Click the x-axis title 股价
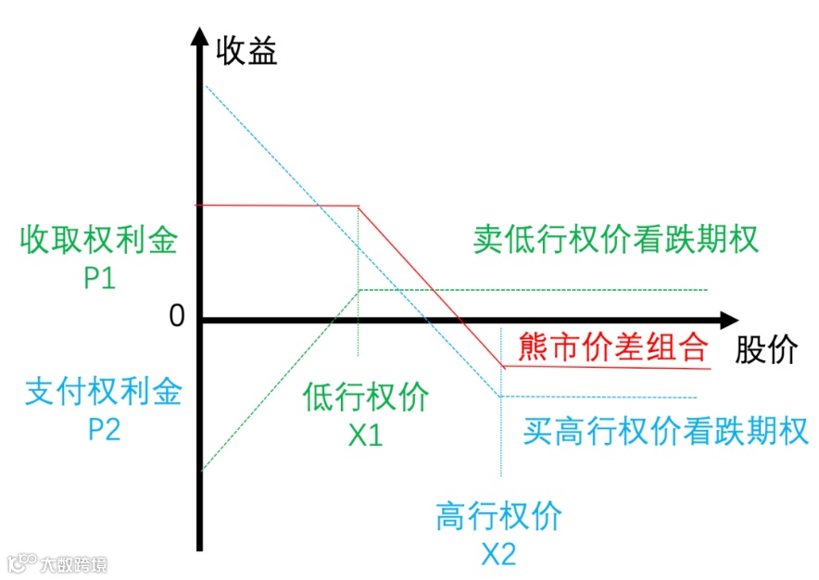point(767,351)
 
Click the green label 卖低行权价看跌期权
point(615,240)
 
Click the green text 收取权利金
point(98,241)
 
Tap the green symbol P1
point(99,277)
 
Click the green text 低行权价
point(365,397)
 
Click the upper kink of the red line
point(359,206)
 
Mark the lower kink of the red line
point(503,367)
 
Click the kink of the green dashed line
point(359,290)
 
